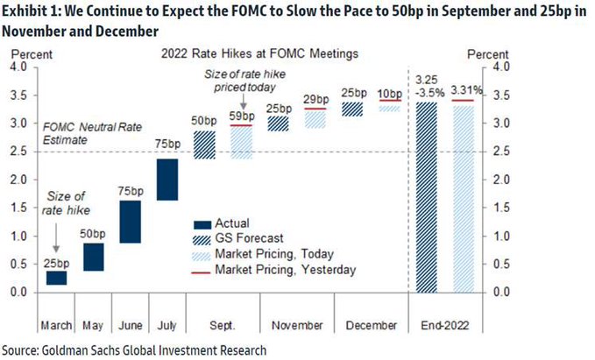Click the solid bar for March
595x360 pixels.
click(56, 278)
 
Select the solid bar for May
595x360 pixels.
click(92, 257)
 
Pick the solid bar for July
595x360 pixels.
click(166, 180)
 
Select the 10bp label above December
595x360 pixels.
click(390, 93)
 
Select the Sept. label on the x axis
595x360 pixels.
click(222, 325)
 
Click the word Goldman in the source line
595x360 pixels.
click(72, 349)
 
